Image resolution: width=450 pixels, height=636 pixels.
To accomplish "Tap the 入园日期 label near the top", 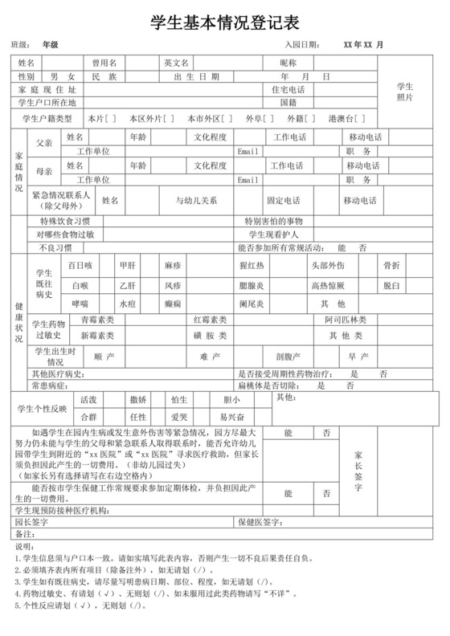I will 303,44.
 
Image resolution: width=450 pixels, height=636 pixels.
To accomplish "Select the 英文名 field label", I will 176,63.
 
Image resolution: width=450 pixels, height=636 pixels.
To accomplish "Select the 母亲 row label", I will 45,172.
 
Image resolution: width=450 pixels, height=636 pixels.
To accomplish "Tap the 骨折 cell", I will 391,265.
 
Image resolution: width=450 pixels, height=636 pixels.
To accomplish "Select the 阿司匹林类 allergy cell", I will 346,320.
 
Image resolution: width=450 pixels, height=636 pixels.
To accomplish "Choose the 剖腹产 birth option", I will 288,356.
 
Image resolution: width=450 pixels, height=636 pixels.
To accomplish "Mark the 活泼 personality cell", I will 88,399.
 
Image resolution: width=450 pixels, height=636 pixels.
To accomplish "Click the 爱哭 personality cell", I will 179,418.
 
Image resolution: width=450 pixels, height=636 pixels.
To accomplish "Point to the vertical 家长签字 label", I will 358,470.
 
